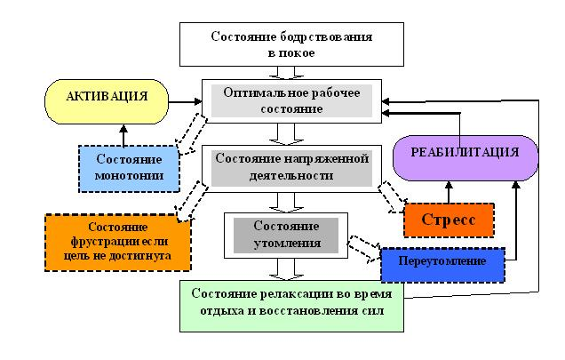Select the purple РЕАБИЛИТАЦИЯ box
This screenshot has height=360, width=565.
point(465,152)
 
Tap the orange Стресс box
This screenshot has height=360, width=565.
point(449,219)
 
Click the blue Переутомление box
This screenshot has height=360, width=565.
point(442,263)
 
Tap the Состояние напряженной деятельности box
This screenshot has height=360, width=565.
point(290,167)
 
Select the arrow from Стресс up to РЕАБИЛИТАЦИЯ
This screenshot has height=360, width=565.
point(449,190)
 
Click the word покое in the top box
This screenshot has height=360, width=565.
point(301,52)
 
